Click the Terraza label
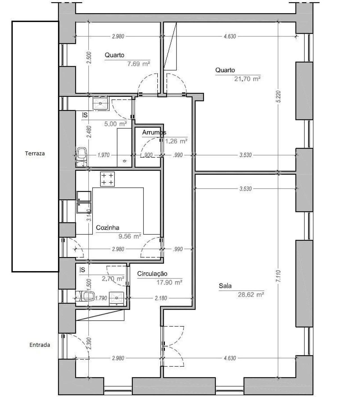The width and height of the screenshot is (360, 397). pos(35,153)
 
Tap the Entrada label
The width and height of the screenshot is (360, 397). pos(40,345)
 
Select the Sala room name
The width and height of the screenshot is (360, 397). pos(225,286)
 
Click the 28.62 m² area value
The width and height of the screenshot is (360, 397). pos(251,295)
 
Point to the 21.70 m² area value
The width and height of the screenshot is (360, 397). pos(247,79)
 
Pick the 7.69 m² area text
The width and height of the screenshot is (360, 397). pos(138,64)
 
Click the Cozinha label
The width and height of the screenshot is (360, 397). pos(107,228)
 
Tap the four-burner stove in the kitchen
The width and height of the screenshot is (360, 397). pos(107,179)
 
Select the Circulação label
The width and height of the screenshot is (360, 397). pos(152,273)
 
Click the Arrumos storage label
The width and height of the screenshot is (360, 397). pos(154,132)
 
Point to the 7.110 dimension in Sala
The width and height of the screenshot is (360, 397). pos(278,276)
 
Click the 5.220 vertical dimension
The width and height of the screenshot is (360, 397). pos(278,97)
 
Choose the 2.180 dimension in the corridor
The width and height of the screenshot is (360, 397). pos(161,298)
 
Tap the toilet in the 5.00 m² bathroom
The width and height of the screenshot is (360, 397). pos(82,154)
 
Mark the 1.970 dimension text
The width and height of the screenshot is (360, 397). pos(103,155)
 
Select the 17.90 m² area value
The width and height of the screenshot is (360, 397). pos(169,282)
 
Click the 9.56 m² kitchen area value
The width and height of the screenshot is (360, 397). pos(129,236)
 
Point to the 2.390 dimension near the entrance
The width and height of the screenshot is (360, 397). pos(89,344)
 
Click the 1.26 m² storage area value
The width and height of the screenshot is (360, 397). pos(176,141)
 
